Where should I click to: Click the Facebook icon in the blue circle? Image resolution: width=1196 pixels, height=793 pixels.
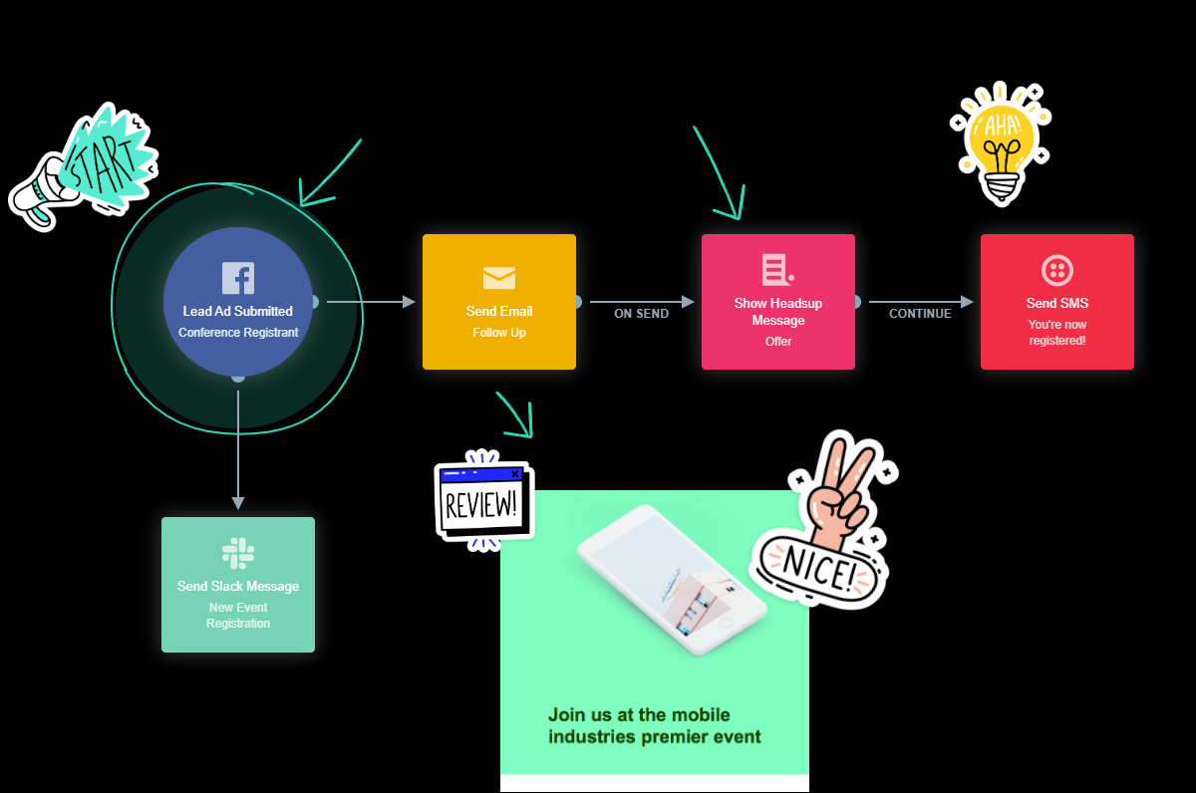pos(238,278)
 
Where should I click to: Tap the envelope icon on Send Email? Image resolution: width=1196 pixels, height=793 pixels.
pos(499,278)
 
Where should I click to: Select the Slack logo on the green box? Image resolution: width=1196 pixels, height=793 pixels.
pos(238,553)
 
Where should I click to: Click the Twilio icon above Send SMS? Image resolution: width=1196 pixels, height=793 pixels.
pos(1056,271)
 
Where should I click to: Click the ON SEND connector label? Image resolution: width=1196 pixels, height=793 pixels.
pos(641,314)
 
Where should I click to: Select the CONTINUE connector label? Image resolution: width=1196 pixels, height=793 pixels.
pos(920,314)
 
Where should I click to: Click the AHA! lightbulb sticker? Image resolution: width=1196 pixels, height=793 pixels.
pos(1000,142)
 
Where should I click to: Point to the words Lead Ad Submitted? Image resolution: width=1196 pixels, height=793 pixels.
pos(238,312)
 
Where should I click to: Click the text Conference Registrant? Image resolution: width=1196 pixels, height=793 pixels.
pos(238,333)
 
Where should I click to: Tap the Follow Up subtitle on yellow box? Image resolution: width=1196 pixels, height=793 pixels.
pos(499,333)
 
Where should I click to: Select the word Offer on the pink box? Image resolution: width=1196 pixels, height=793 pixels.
pos(778,342)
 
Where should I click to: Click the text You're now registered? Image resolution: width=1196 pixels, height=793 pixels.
pos(1057,333)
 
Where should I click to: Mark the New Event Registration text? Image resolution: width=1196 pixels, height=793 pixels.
pos(238,616)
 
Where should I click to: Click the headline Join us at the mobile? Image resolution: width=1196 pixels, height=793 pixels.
pos(639,715)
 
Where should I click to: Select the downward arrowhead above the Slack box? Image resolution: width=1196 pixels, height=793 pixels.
pos(238,502)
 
